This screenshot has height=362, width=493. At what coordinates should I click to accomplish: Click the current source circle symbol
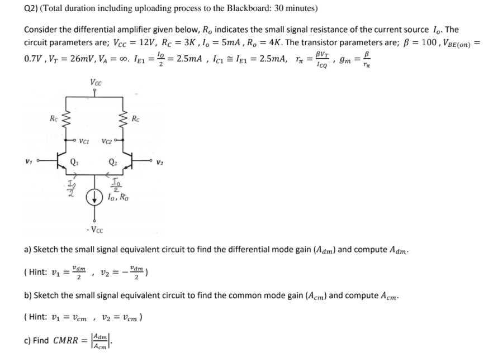click(95, 197)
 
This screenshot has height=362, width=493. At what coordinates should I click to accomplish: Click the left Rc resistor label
click(53, 118)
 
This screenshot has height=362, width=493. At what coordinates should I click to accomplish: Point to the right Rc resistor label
click(136, 118)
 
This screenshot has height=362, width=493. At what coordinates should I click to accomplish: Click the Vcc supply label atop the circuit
click(95, 83)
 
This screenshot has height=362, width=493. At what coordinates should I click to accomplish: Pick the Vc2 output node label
click(107, 141)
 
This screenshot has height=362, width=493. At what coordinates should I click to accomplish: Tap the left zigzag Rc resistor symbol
click(66, 118)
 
